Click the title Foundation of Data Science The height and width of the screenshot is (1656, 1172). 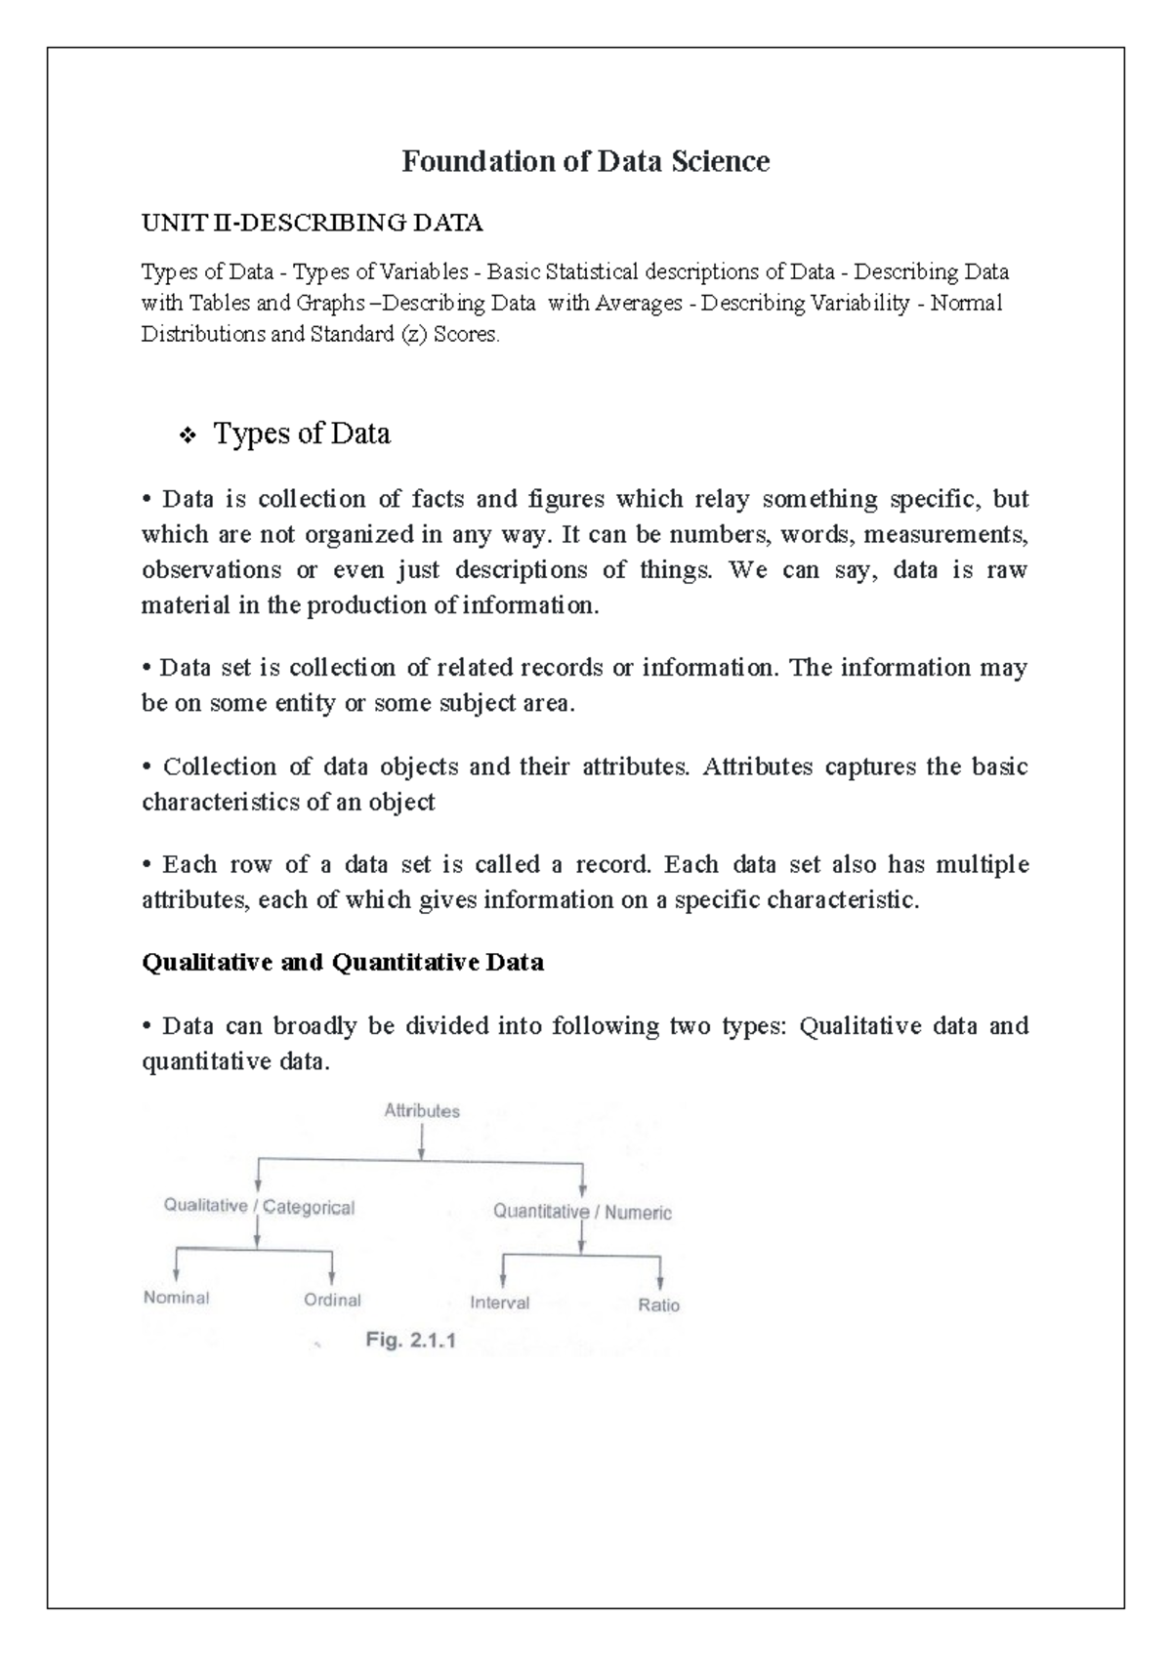585,161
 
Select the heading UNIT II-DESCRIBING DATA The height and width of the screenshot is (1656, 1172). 312,224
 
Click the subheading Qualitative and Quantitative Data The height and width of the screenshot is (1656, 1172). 343,963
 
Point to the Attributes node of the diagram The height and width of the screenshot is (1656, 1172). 422,1111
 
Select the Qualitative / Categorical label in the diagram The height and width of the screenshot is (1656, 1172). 259,1207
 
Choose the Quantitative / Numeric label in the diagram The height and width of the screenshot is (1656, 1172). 582,1213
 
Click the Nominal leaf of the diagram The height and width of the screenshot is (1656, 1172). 177,1298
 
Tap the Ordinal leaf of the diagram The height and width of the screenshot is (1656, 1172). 332,1301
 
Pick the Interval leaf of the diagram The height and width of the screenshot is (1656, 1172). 499,1303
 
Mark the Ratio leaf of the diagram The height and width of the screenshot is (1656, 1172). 658,1305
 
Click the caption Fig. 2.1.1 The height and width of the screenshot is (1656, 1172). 410,1341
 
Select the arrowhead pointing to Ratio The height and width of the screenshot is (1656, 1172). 661,1283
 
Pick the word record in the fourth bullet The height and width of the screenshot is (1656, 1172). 612,865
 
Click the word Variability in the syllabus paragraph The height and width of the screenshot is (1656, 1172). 859,304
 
